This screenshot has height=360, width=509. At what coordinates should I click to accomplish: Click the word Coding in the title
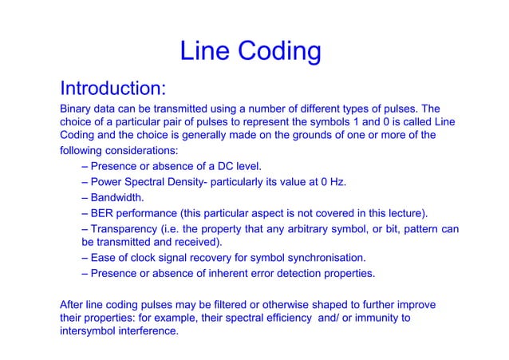[278, 53]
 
